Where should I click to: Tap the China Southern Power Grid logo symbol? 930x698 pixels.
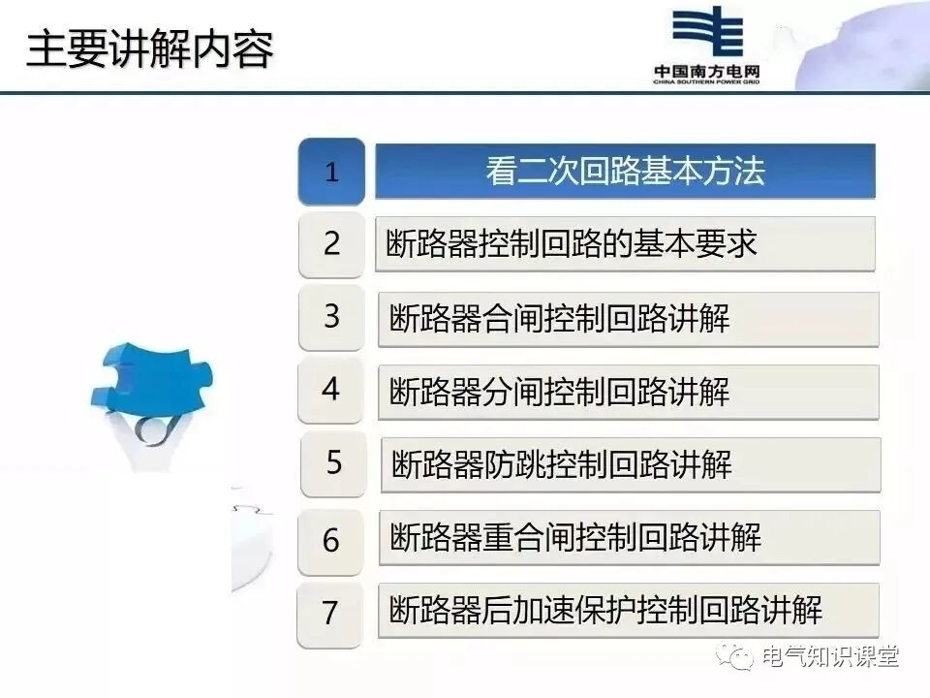coord(706,34)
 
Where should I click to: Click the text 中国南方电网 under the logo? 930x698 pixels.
coord(706,72)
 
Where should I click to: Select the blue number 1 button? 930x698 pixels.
coord(331,173)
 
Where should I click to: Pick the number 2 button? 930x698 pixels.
coord(331,244)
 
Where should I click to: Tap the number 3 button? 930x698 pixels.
coord(331,317)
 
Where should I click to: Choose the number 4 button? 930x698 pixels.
coord(331,390)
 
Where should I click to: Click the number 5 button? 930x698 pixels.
coord(333,463)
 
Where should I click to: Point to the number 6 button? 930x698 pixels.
coord(331,540)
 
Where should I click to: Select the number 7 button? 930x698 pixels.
coord(330,613)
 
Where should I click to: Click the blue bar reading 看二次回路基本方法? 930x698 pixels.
coord(625,172)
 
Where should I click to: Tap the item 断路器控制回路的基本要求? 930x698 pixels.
coord(625,244)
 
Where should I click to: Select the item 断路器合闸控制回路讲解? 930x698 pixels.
coord(628,319)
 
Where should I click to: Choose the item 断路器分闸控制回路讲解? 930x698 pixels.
coord(628,392)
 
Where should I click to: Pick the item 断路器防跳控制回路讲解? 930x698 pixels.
coord(630,464)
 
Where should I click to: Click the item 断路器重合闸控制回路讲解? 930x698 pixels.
coord(629,537)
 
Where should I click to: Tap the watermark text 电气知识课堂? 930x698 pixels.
coord(830,656)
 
